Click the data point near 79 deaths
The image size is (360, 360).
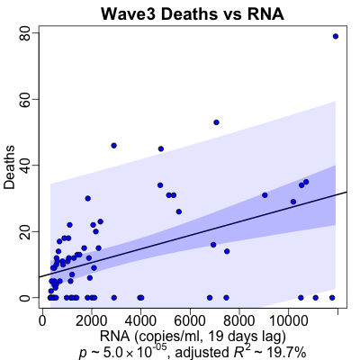pyautogui.click(x=336, y=36)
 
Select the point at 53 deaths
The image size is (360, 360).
pyautogui.click(x=216, y=122)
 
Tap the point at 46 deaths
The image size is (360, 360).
pyautogui.click(x=113, y=146)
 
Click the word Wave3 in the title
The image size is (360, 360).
pyautogui.click(x=128, y=13)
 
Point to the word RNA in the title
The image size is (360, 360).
pyautogui.click(x=265, y=13)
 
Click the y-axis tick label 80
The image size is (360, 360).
pyautogui.click(x=26, y=33)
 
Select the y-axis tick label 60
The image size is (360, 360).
pyautogui.click(x=26, y=99)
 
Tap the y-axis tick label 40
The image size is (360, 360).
pyautogui.click(x=26, y=166)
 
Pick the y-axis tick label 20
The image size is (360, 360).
pyautogui.click(x=26, y=231)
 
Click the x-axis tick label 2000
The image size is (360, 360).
pyautogui.click(x=92, y=321)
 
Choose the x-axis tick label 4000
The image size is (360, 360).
pyautogui.click(x=140, y=321)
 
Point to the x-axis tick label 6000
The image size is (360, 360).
pyautogui.click(x=190, y=321)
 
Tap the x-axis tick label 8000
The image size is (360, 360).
pyautogui.click(x=239, y=321)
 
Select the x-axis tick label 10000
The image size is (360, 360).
pyautogui.click(x=288, y=321)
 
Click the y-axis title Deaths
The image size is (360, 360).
pyautogui.click(x=10, y=167)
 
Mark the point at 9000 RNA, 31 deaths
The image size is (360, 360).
pyautogui.click(x=265, y=195)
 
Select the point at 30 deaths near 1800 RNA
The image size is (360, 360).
pyautogui.click(x=87, y=198)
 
